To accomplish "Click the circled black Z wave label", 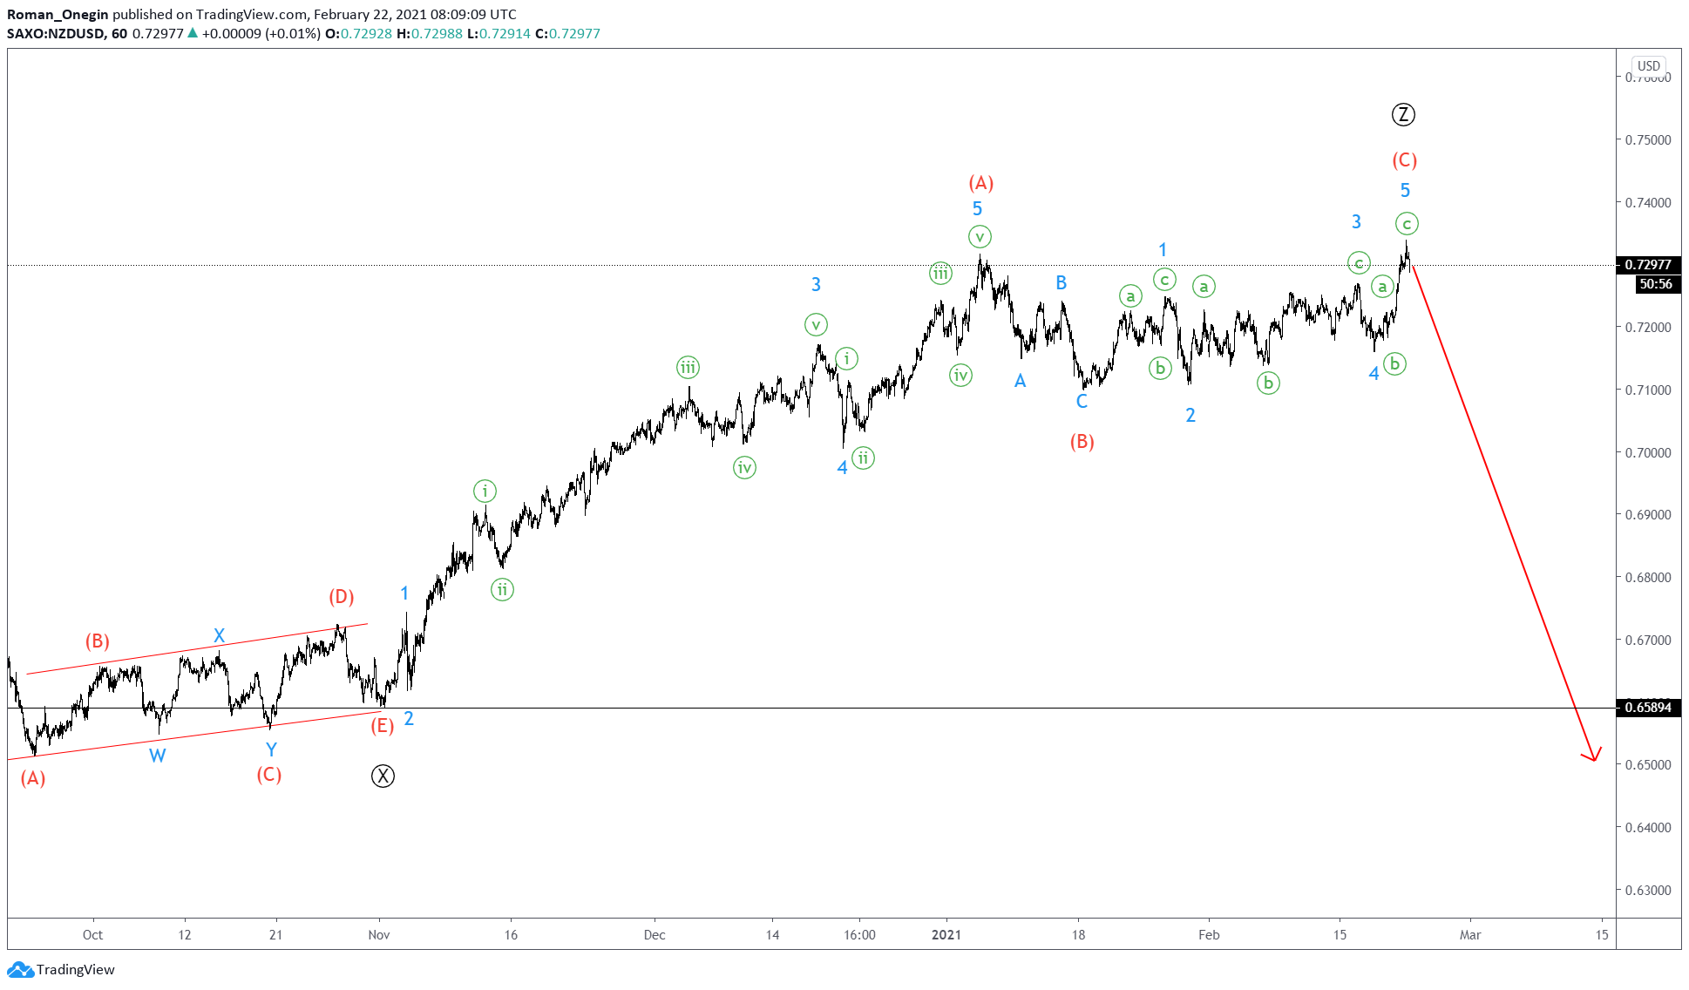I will pos(1403,114).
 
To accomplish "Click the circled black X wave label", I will pos(383,776).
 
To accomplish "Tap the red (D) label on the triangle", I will pos(341,597).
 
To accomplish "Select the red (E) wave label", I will pos(382,725).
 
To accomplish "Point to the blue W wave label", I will pos(157,756).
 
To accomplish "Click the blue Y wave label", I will pos(271,749).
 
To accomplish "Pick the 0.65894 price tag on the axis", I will pos(1647,708).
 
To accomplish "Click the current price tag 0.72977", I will pos(1647,265).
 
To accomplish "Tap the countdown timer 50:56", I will pos(1655,284).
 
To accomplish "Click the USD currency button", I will pos(1648,66).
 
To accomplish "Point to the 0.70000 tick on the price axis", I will pos(1648,452).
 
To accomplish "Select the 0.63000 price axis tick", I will pos(1648,890).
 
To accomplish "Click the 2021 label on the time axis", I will pos(946,935).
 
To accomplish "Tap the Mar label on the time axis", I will pos(1470,935).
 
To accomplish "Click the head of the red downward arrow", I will pos(1594,758).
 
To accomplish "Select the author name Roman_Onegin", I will pos(58,15).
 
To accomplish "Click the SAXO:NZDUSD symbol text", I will pos(56,34).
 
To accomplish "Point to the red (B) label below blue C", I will pos(1082,442).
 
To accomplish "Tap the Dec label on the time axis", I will pos(655,935).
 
